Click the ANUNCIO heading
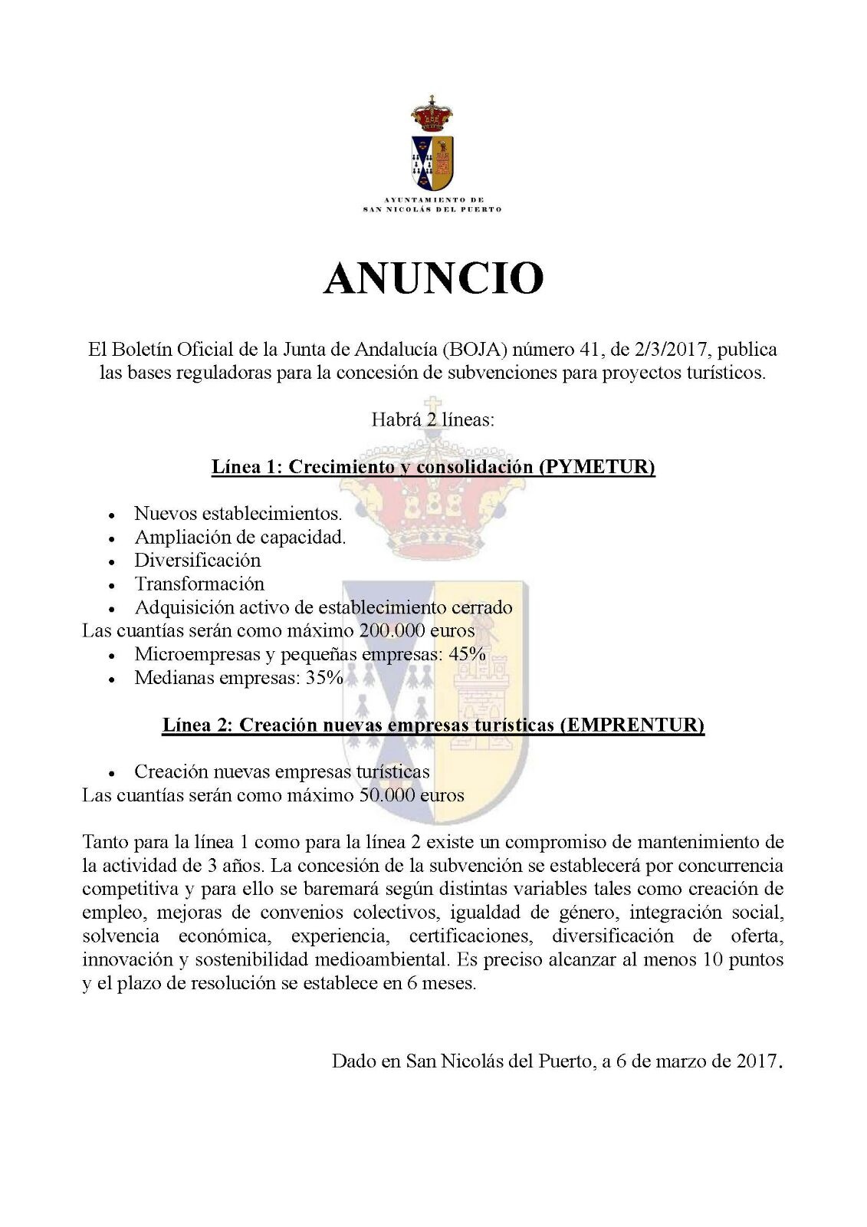433,278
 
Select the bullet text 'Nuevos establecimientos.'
238,513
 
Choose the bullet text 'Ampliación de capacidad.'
240,537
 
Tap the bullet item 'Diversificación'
198,561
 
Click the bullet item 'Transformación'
199,584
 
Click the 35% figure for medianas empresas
325,679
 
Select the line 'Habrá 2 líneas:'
433,419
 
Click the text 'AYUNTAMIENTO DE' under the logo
433,199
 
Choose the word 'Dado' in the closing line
351,1062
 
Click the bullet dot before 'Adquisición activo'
112,609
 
